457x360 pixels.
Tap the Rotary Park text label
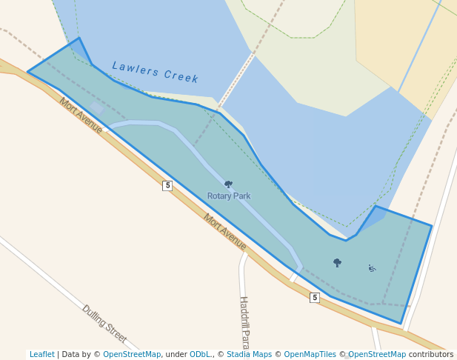click(x=228, y=196)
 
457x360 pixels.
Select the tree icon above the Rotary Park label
click(x=228, y=184)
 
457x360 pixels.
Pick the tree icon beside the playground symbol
click(x=337, y=262)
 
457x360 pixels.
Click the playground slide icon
click(x=372, y=268)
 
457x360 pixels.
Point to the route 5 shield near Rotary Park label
click(x=167, y=185)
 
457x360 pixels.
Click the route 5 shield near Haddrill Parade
click(x=315, y=297)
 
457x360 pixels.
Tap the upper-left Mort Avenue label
click(x=81, y=116)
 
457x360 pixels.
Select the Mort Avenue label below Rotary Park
click(x=225, y=232)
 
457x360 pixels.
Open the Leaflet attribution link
click(x=42, y=355)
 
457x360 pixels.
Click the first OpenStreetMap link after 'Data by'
click(x=132, y=355)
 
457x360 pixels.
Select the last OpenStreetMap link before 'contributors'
click(x=377, y=355)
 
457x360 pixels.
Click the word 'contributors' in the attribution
click(x=431, y=355)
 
